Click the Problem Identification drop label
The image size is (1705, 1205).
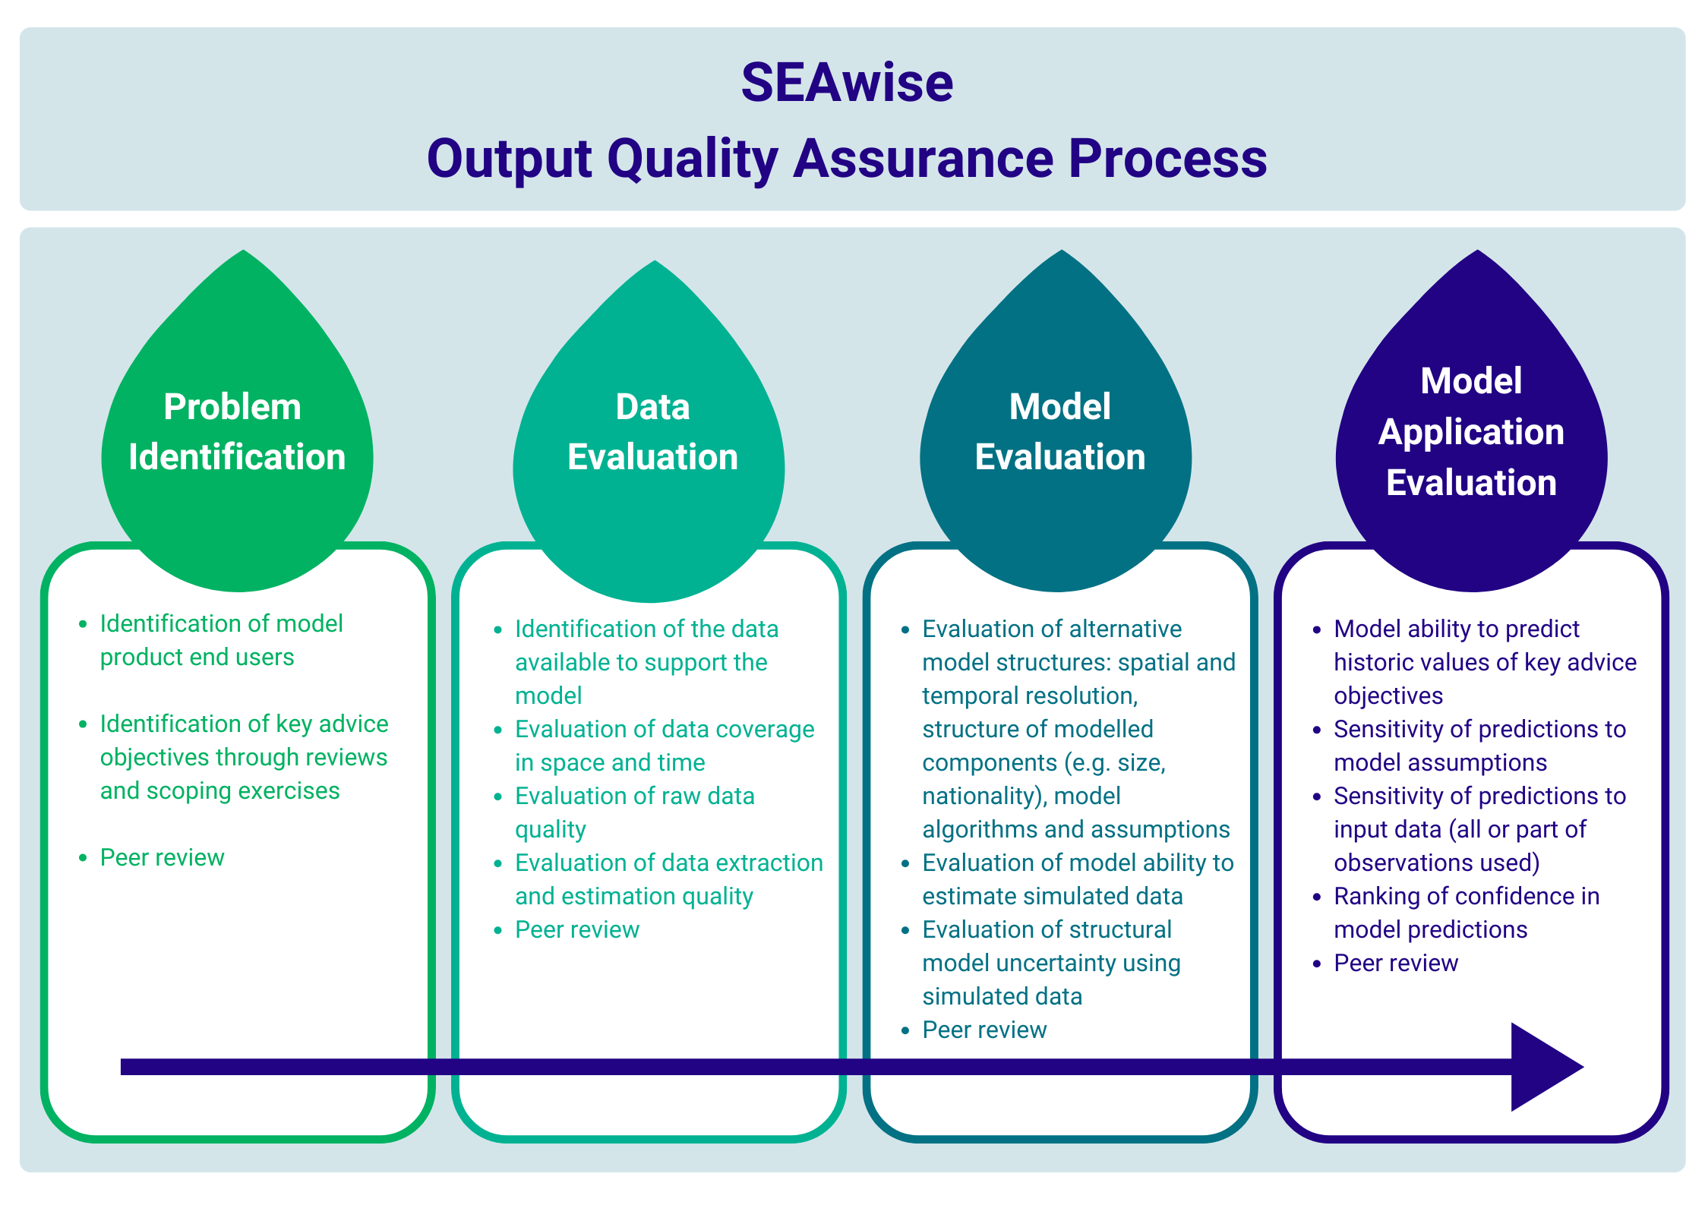tap(237, 431)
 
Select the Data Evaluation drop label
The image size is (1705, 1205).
tap(652, 431)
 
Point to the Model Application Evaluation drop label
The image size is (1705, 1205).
tap(1471, 431)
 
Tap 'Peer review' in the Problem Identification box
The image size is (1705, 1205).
tap(162, 857)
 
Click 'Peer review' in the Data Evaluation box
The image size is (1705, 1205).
tap(577, 929)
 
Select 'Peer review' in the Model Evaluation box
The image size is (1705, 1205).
tap(984, 1030)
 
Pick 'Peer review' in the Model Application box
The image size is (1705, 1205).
tap(1396, 963)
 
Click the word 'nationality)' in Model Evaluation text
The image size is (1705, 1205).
tap(984, 796)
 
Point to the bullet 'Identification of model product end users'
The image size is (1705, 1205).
tap(221, 640)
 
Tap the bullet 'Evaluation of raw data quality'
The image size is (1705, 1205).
tap(634, 812)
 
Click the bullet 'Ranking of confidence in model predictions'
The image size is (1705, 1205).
tap(1467, 913)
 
